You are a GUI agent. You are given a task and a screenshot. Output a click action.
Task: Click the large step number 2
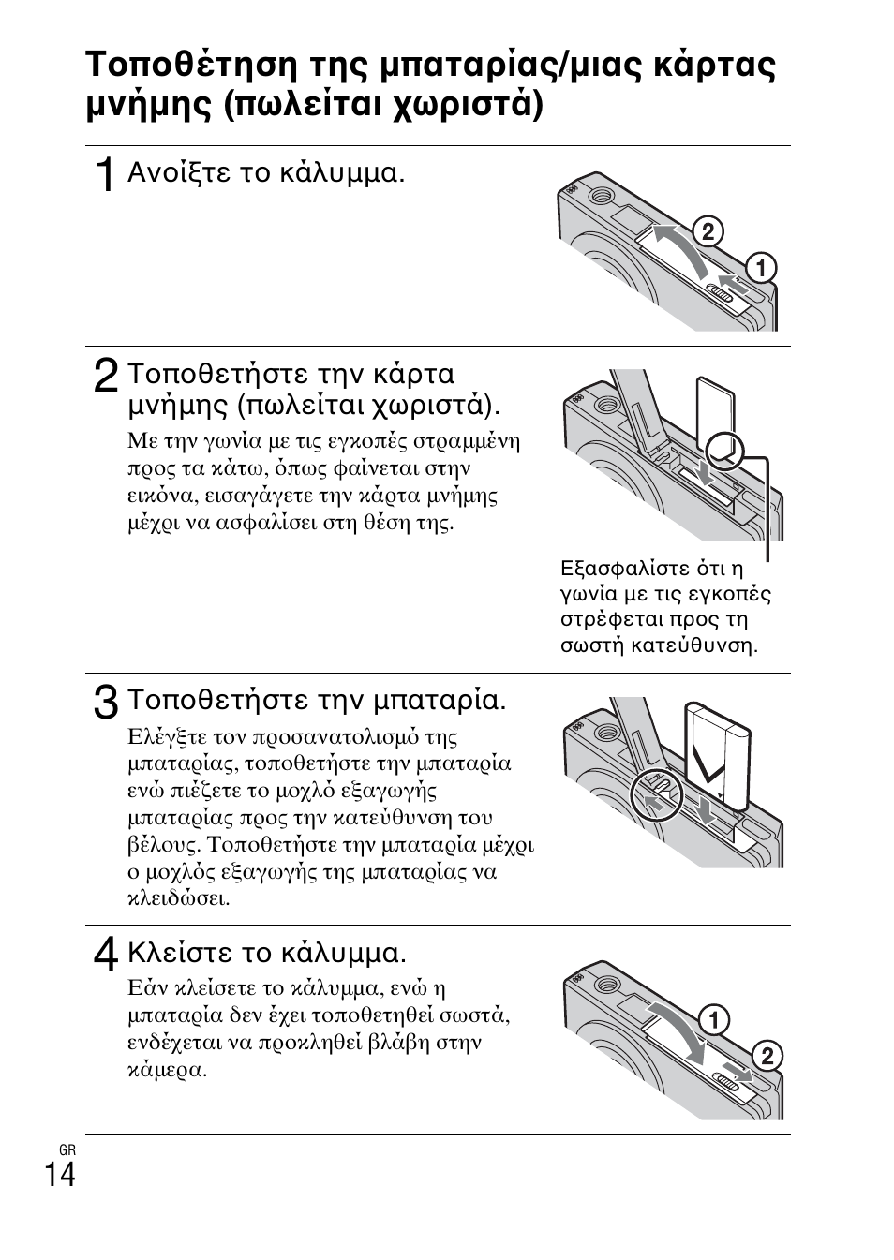tap(106, 377)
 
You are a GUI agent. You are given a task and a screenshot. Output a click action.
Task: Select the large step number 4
tap(106, 955)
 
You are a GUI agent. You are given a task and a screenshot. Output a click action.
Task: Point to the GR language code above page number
tap(66, 1149)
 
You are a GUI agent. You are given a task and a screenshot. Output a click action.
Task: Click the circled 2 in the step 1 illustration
tap(708, 231)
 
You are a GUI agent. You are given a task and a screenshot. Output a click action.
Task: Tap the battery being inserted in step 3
tap(718, 749)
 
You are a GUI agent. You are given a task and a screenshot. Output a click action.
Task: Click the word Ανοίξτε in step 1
tap(179, 173)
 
